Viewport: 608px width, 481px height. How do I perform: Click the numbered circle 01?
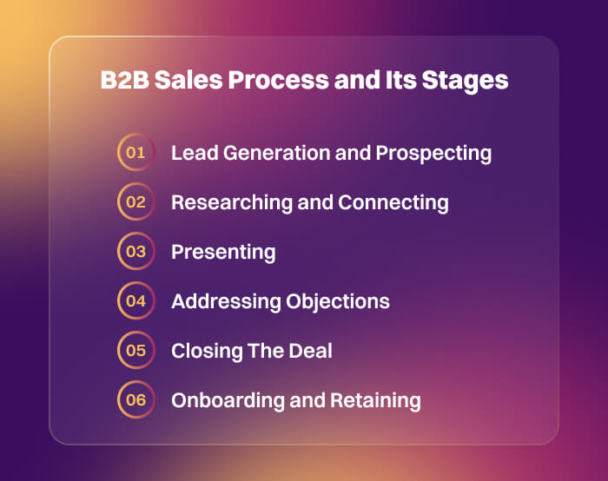[135, 153]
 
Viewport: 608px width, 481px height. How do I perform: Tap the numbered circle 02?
[135, 202]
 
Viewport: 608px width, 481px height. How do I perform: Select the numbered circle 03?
[135, 252]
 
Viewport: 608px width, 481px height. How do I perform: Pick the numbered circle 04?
[135, 301]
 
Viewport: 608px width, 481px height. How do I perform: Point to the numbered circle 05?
[135, 351]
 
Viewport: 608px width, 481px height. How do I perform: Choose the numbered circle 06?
[135, 400]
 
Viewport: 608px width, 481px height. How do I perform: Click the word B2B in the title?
[123, 81]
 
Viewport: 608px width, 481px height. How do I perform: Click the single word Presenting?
[223, 253]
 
